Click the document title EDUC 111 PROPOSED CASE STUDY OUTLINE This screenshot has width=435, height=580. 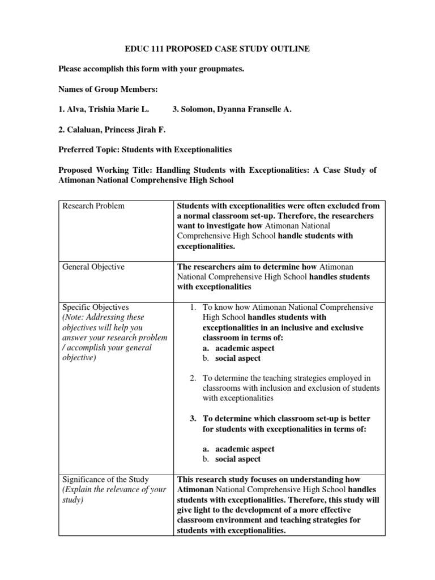click(217, 49)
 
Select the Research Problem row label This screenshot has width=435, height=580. click(94, 206)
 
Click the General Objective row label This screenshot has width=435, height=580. click(94, 267)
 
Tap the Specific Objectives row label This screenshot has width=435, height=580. click(96, 307)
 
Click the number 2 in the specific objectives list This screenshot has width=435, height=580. click(193, 378)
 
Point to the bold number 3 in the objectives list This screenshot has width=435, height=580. click(193, 419)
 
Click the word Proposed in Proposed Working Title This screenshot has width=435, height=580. click(76, 170)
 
